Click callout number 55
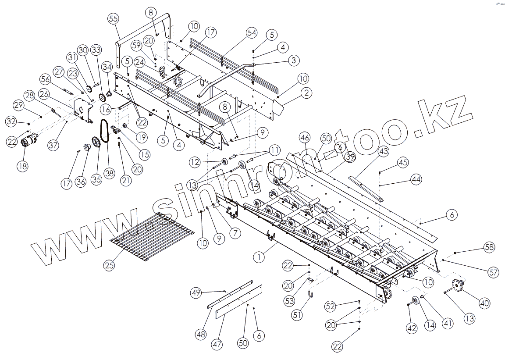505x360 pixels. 113,18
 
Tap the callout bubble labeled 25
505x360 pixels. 110,265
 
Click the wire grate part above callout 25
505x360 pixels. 151,236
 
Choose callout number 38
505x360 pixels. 109,173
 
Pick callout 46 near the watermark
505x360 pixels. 305,137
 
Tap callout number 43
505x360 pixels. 384,151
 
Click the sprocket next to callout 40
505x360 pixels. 459,287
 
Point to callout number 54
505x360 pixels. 251,32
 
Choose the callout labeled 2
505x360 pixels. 306,93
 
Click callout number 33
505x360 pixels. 96,49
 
